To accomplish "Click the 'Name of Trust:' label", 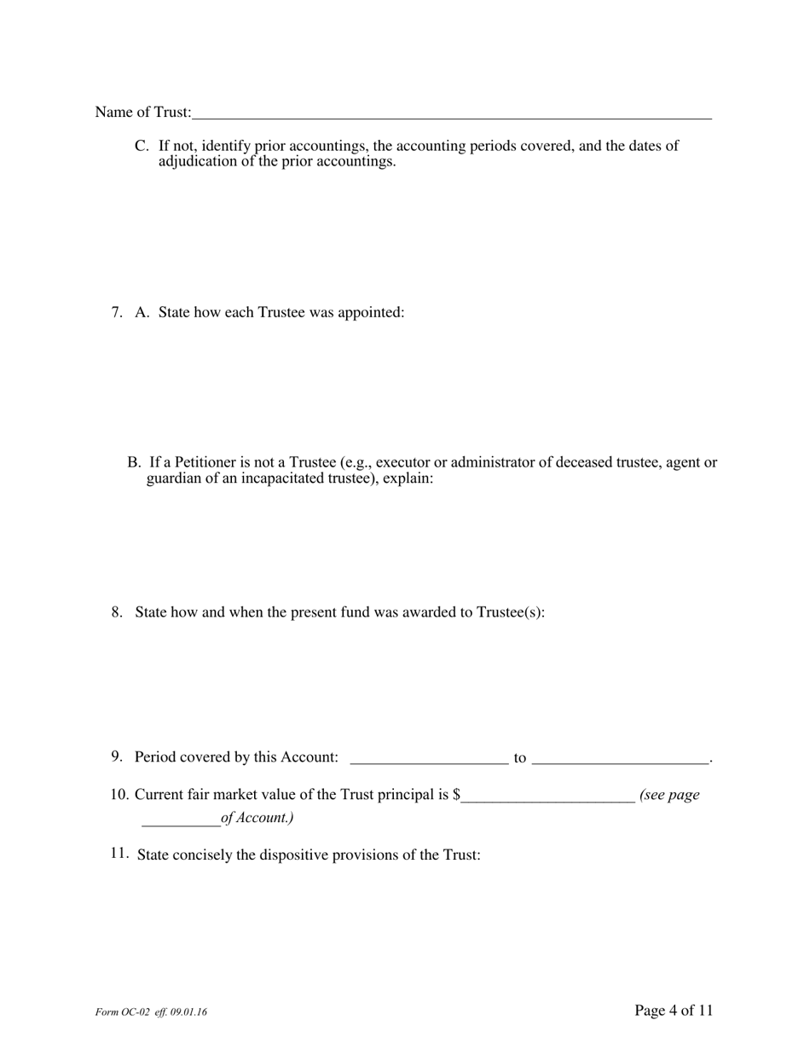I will pos(143,113).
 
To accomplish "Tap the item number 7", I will pos(117,312).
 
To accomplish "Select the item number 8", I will pos(117,612).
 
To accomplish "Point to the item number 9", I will pos(117,756).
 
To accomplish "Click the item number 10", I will pos(119,795).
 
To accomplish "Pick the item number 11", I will pos(119,854).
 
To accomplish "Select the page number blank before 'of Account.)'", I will pos(181,820).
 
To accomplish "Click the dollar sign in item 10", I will pos(458,795).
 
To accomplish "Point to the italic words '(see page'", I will pos(669,795).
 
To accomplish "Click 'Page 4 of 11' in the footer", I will pos(674,1011).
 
